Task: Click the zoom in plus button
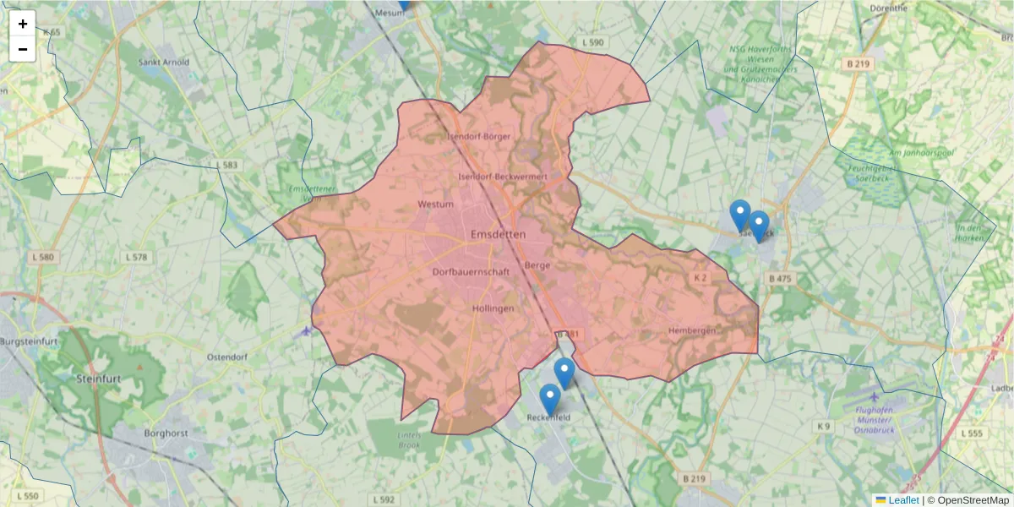(x=23, y=24)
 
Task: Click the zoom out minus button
(x=23, y=49)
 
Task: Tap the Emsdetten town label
(x=498, y=234)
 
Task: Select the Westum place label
(x=436, y=204)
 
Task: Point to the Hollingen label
(x=493, y=309)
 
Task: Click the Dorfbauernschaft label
(x=471, y=272)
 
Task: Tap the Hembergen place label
(x=691, y=330)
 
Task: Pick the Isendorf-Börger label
(x=479, y=137)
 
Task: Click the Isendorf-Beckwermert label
(x=502, y=177)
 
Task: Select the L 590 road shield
(x=593, y=42)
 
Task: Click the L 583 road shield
(x=226, y=165)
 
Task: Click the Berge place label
(x=537, y=265)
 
